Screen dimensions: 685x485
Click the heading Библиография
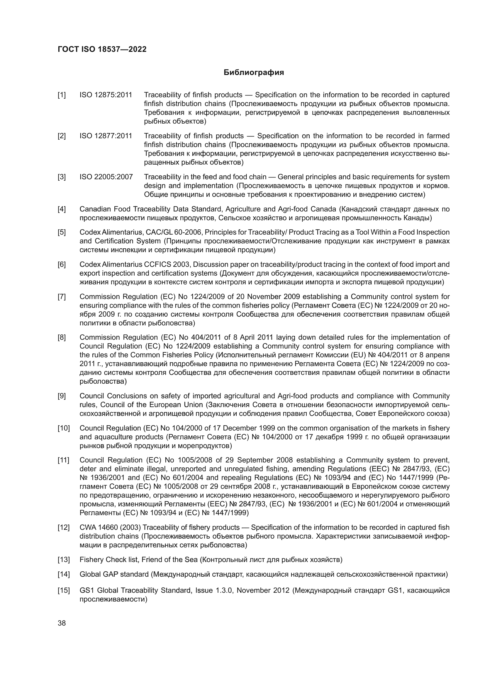tap(254, 73)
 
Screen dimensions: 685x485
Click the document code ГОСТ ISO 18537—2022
tap(102, 49)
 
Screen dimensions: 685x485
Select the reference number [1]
tap(62, 95)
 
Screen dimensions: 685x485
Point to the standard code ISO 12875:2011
tap(106, 95)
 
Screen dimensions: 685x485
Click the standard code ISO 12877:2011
tap(106, 136)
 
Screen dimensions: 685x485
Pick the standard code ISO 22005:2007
tap(106, 177)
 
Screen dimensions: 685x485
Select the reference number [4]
tap(62, 209)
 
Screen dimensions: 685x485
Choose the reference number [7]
tap(62, 297)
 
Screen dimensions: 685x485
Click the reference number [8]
tap(62, 337)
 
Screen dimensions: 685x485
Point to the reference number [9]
tap(62, 396)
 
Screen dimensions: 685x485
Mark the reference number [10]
tap(64, 428)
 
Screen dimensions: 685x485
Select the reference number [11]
tap(64, 460)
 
